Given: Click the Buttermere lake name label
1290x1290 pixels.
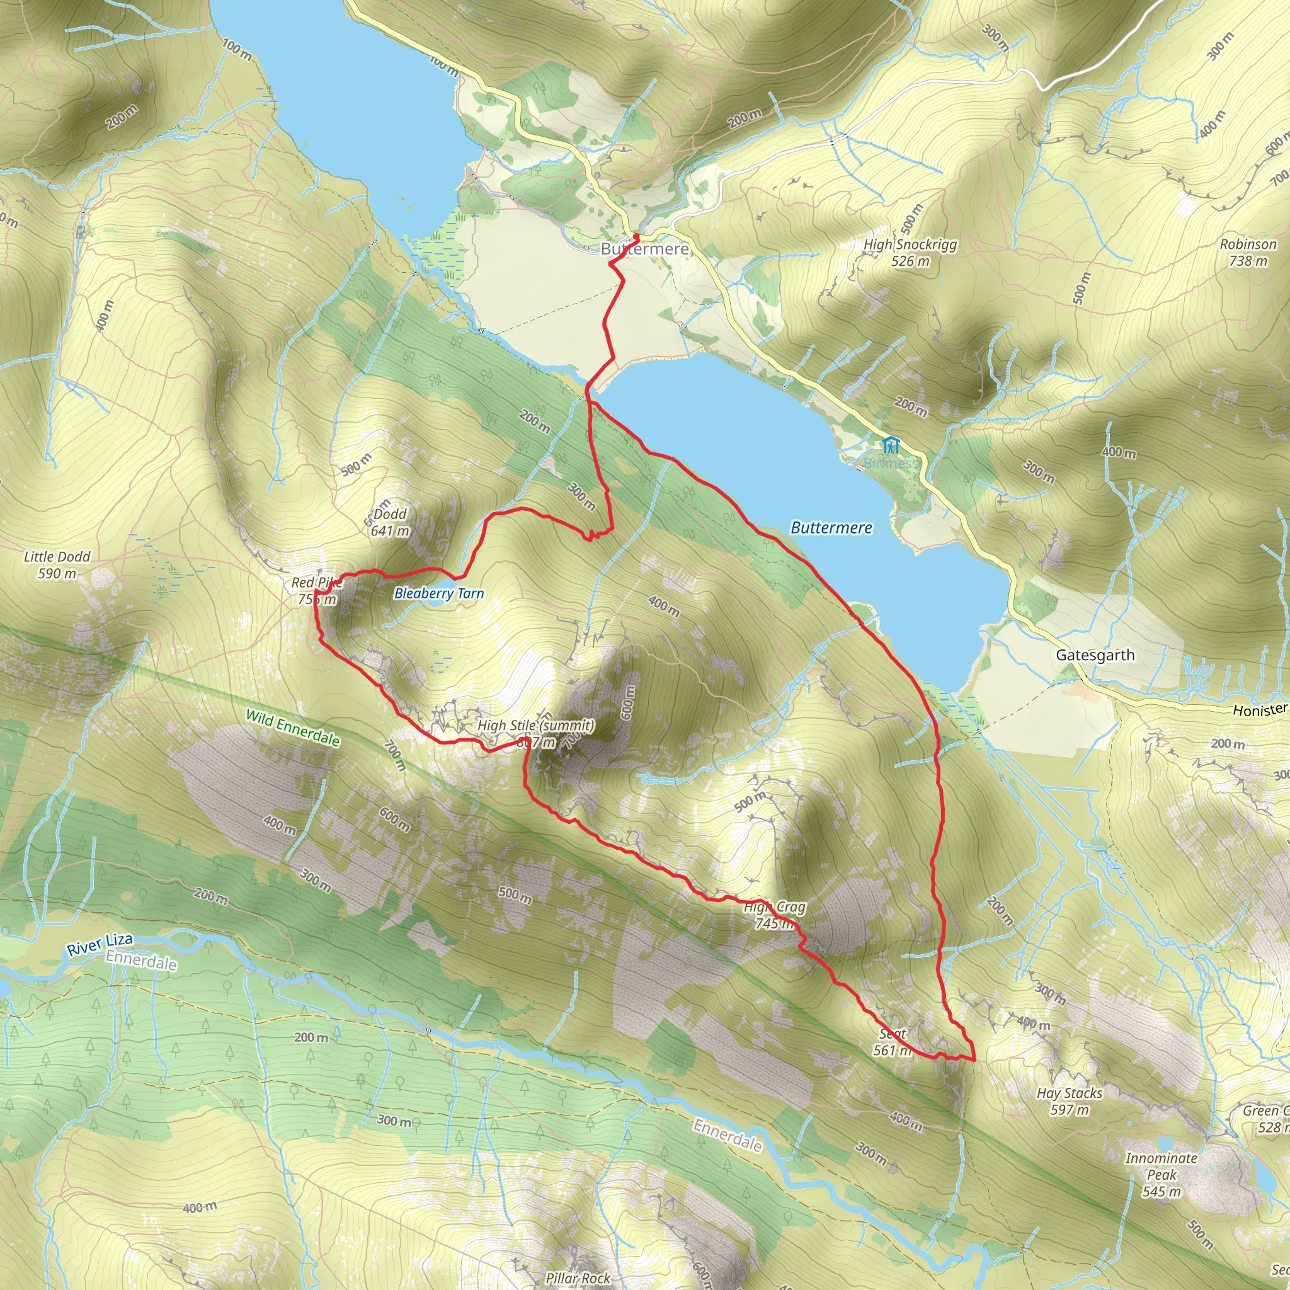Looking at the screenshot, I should coord(831,527).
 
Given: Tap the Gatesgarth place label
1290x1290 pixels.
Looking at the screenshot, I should coord(1095,655).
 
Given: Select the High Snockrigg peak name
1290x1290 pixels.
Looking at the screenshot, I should coord(910,244).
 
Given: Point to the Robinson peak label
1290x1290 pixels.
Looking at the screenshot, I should coord(1248,244).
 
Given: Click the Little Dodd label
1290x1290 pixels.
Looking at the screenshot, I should coord(57,557).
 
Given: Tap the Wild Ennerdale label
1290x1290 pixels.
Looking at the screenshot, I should coord(292,728).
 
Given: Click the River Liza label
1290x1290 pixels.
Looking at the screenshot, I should coord(100,945).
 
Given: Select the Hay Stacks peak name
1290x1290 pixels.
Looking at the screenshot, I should coord(1069,1093).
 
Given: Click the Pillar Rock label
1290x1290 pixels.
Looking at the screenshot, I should coord(578,1278).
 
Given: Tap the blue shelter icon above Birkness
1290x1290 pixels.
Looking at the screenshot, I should coord(891,445).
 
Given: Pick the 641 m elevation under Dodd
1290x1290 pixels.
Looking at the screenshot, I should coord(390,531).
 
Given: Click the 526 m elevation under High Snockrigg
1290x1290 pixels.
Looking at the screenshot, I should coord(910,261).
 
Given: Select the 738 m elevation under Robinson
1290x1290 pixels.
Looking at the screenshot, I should coord(1248,261).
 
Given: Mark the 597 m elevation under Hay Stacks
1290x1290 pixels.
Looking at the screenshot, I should coord(1069,1110).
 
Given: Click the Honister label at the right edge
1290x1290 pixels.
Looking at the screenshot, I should coord(1259,710).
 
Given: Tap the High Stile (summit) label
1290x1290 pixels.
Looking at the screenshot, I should coord(535,725).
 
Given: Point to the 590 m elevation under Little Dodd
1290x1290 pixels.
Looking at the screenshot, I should coord(57,574).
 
